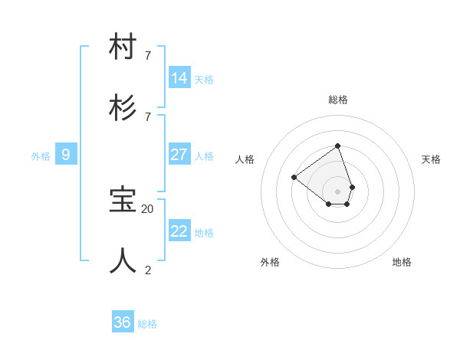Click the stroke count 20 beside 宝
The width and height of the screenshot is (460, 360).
pyautogui.click(x=148, y=208)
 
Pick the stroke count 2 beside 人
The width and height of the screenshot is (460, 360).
pyautogui.click(x=148, y=270)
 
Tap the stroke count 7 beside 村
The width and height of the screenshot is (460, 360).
pyautogui.click(x=148, y=55)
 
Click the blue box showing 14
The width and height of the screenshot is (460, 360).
pyautogui.click(x=179, y=78)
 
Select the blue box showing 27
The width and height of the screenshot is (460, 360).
pyautogui.click(x=179, y=155)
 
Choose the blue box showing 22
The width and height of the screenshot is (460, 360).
pyautogui.click(x=179, y=231)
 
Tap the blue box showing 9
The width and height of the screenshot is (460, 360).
pyautogui.click(x=66, y=155)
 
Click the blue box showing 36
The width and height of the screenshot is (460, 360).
pyautogui.click(x=123, y=322)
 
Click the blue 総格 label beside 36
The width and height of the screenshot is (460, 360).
pyautogui.click(x=147, y=324)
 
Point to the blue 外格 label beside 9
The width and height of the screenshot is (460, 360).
pyautogui.click(x=41, y=156)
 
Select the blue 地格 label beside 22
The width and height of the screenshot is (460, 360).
pyautogui.click(x=204, y=233)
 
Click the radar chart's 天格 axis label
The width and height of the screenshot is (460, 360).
pyautogui.click(x=431, y=159)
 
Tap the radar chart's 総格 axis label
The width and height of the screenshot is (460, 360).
pyautogui.click(x=338, y=100)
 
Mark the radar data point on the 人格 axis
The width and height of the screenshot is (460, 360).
pyautogui.click(x=294, y=177)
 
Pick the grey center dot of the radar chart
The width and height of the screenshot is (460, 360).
pyautogui.click(x=337, y=191)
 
